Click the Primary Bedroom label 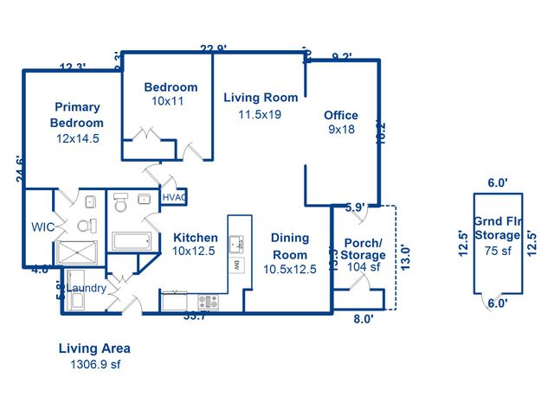point(77,115)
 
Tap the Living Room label point(261,98)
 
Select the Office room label point(341,115)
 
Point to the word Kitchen point(196,238)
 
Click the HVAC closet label point(175,197)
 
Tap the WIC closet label point(43,227)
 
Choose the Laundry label point(87,288)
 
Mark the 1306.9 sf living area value point(94,365)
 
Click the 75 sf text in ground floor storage point(498,251)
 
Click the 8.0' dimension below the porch point(364,319)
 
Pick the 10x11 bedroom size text point(169,101)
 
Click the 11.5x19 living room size point(261,113)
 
